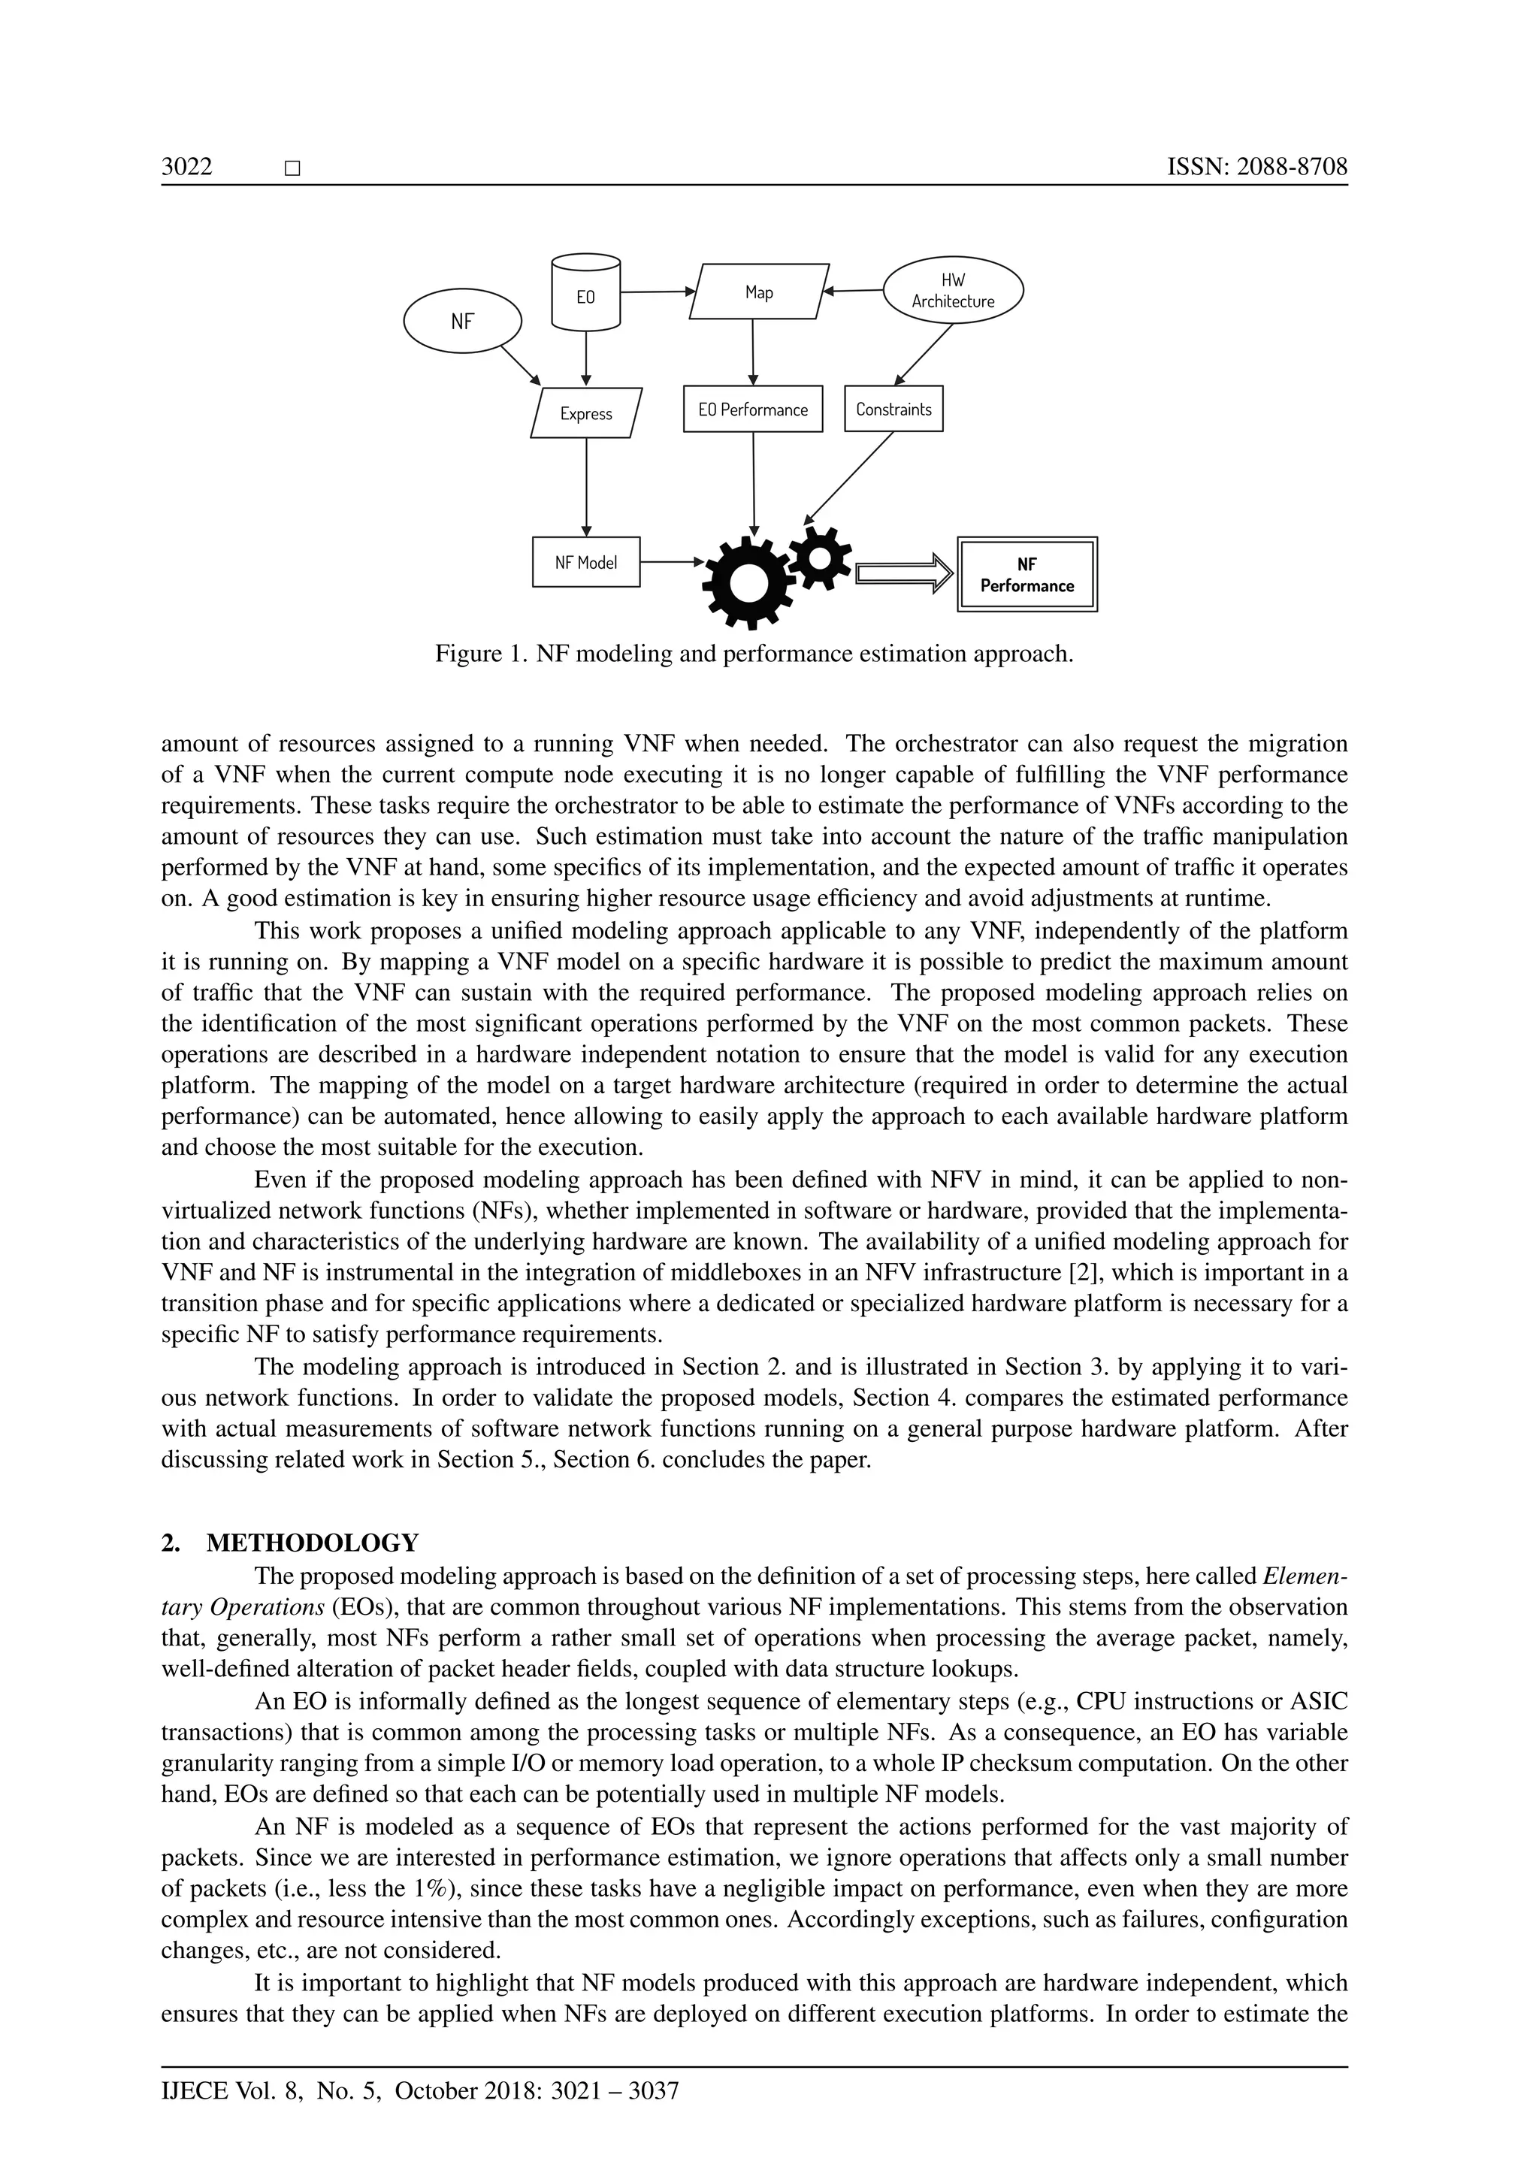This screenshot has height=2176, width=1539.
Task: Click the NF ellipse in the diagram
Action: tap(462, 322)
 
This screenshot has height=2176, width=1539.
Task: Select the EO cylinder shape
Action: tap(585, 293)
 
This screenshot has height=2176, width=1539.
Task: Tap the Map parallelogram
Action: tap(759, 292)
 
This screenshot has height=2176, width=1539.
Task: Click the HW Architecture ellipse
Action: tap(954, 291)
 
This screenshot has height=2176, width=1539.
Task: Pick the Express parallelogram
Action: tap(585, 413)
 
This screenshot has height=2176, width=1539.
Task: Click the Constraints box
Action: tap(893, 410)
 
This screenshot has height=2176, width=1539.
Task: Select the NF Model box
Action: tap(585, 562)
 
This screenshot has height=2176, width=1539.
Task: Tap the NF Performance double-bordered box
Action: tap(1027, 574)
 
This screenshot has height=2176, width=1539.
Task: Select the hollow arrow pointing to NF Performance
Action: tap(904, 573)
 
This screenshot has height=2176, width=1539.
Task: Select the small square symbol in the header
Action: tap(292, 170)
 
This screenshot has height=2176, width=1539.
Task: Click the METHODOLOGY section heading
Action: tap(312, 1543)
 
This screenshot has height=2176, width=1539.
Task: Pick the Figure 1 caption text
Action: tap(754, 654)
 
